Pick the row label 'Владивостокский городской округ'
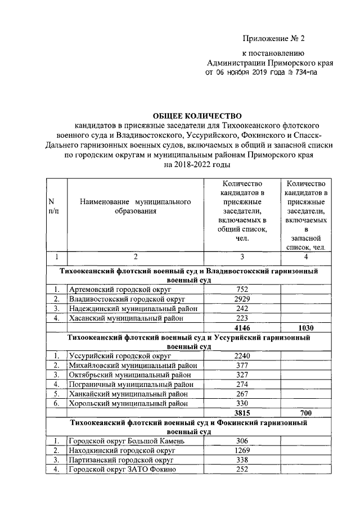(127, 299)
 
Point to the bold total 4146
(242, 327)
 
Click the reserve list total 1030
(305, 327)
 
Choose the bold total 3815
(242, 413)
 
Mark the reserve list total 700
(305, 413)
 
